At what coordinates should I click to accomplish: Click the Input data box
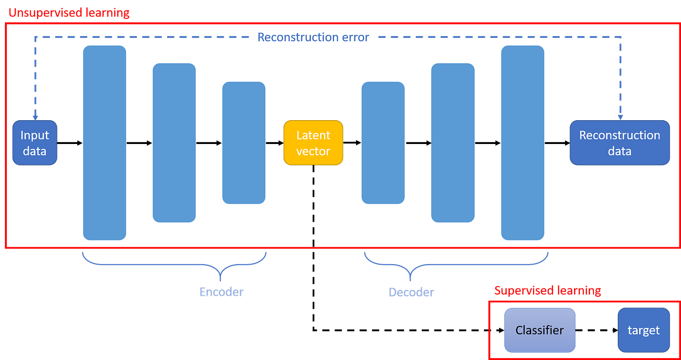(35, 143)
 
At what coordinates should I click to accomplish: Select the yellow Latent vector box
(313, 143)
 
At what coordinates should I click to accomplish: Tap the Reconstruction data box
(619, 143)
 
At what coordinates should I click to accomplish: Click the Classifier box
(539, 330)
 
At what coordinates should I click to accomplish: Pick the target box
(643, 330)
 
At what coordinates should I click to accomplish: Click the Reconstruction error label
(313, 37)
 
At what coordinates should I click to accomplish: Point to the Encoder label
(221, 292)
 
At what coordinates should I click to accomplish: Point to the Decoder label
(411, 292)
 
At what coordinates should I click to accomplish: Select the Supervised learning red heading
(548, 291)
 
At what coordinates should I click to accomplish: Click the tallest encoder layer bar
(105, 143)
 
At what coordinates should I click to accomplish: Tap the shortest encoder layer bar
(244, 143)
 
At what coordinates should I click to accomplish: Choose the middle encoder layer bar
(174, 143)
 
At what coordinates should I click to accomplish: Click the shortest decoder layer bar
(383, 143)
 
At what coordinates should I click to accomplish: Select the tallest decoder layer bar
(522, 143)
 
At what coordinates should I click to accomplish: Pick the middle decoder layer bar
(452, 143)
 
